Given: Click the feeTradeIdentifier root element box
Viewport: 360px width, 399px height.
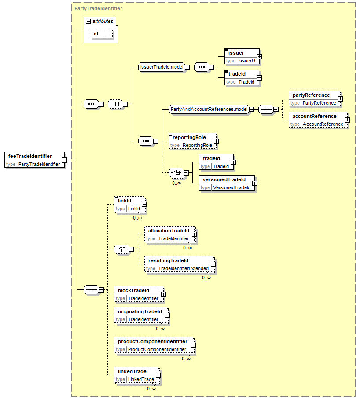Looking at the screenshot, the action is (x=35, y=160).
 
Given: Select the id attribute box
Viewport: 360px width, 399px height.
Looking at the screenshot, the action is (x=101, y=33).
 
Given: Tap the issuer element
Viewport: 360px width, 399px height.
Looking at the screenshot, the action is (x=242, y=56).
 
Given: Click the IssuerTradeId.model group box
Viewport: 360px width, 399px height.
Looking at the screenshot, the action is (x=162, y=67).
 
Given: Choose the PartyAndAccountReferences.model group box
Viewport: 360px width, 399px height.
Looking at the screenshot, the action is (x=209, y=109).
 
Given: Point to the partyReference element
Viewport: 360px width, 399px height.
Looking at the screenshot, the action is (x=314, y=99).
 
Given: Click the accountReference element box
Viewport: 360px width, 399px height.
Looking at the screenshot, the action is (x=318, y=120).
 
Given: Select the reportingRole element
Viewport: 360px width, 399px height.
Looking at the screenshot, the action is (x=192, y=141).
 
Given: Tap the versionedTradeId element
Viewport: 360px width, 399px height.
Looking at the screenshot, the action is (x=227, y=183).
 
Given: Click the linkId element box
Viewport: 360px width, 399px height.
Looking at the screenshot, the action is (x=129, y=204).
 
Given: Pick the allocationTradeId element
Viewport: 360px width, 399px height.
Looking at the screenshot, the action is (x=169, y=234).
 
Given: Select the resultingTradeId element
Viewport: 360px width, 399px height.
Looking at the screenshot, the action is (x=180, y=264).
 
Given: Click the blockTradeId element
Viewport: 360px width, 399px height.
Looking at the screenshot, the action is (x=139, y=294).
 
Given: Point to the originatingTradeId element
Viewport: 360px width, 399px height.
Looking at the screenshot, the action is (x=141, y=315).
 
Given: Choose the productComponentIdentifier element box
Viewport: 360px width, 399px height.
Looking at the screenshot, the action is (x=154, y=345).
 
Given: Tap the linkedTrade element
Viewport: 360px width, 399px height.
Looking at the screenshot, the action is (x=136, y=375).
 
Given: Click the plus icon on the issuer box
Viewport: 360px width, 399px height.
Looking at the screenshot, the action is (x=259, y=56).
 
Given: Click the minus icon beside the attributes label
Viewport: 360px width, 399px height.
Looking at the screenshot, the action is (x=88, y=22).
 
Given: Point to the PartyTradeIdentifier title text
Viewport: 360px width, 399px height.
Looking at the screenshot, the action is (x=98, y=8).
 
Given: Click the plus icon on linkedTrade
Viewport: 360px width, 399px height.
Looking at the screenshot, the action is (x=158, y=375).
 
